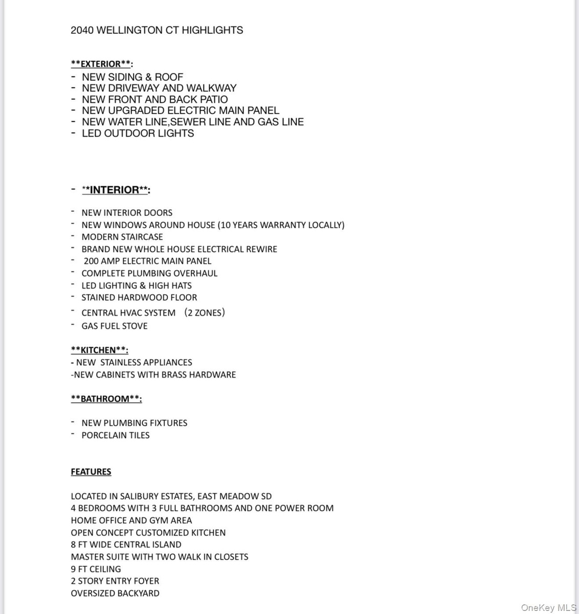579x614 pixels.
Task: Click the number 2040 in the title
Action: [x=82, y=30]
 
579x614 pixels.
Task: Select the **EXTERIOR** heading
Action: [x=101, y=64]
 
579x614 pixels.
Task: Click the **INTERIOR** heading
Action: [x=116, y=190]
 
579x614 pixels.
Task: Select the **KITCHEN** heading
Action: [x=99, y=350]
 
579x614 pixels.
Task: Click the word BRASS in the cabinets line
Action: [x=174, y=375]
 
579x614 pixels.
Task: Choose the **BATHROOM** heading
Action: [x=106, y=399]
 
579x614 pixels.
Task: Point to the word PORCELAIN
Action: [x=104, y=435]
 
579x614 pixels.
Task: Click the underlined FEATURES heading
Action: [x=91, y=472]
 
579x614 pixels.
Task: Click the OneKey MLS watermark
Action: [x=548, y=607]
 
